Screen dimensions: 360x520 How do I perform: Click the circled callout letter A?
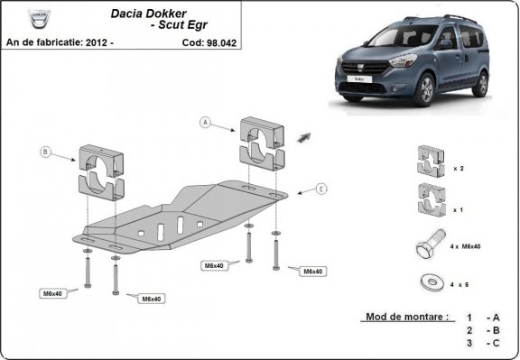(205, 122)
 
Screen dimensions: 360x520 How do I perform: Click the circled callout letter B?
(46, 152)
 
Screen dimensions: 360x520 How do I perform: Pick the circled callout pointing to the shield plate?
(320, 189)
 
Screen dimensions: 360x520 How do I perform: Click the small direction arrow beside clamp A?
(302, 137)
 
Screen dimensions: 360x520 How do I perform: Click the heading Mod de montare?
(405, 318)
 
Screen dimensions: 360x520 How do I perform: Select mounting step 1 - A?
(481, 318)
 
